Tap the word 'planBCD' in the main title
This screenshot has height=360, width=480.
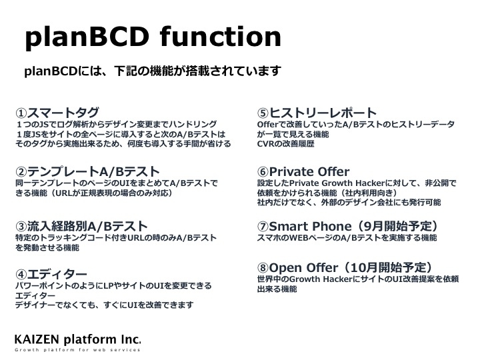(87, 39)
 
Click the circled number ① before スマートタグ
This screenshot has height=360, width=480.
(21, 113)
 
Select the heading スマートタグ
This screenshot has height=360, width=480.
(63, 113)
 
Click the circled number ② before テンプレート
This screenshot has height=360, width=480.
(21, 172)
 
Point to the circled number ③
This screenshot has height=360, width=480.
(21, 227)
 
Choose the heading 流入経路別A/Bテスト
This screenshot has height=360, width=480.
(87, 226)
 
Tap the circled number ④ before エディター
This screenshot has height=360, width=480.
(21, 274)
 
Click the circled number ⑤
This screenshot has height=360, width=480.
(263, 113)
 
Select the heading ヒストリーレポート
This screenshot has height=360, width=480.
(323, 113)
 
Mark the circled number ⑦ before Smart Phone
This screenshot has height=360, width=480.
(263, 227)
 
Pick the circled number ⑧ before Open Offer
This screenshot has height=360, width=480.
(263, 268)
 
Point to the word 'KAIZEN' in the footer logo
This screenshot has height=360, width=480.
(37, 339)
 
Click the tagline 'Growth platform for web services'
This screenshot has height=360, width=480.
(77, 349)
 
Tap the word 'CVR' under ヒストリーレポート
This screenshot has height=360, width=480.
(265, 143)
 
